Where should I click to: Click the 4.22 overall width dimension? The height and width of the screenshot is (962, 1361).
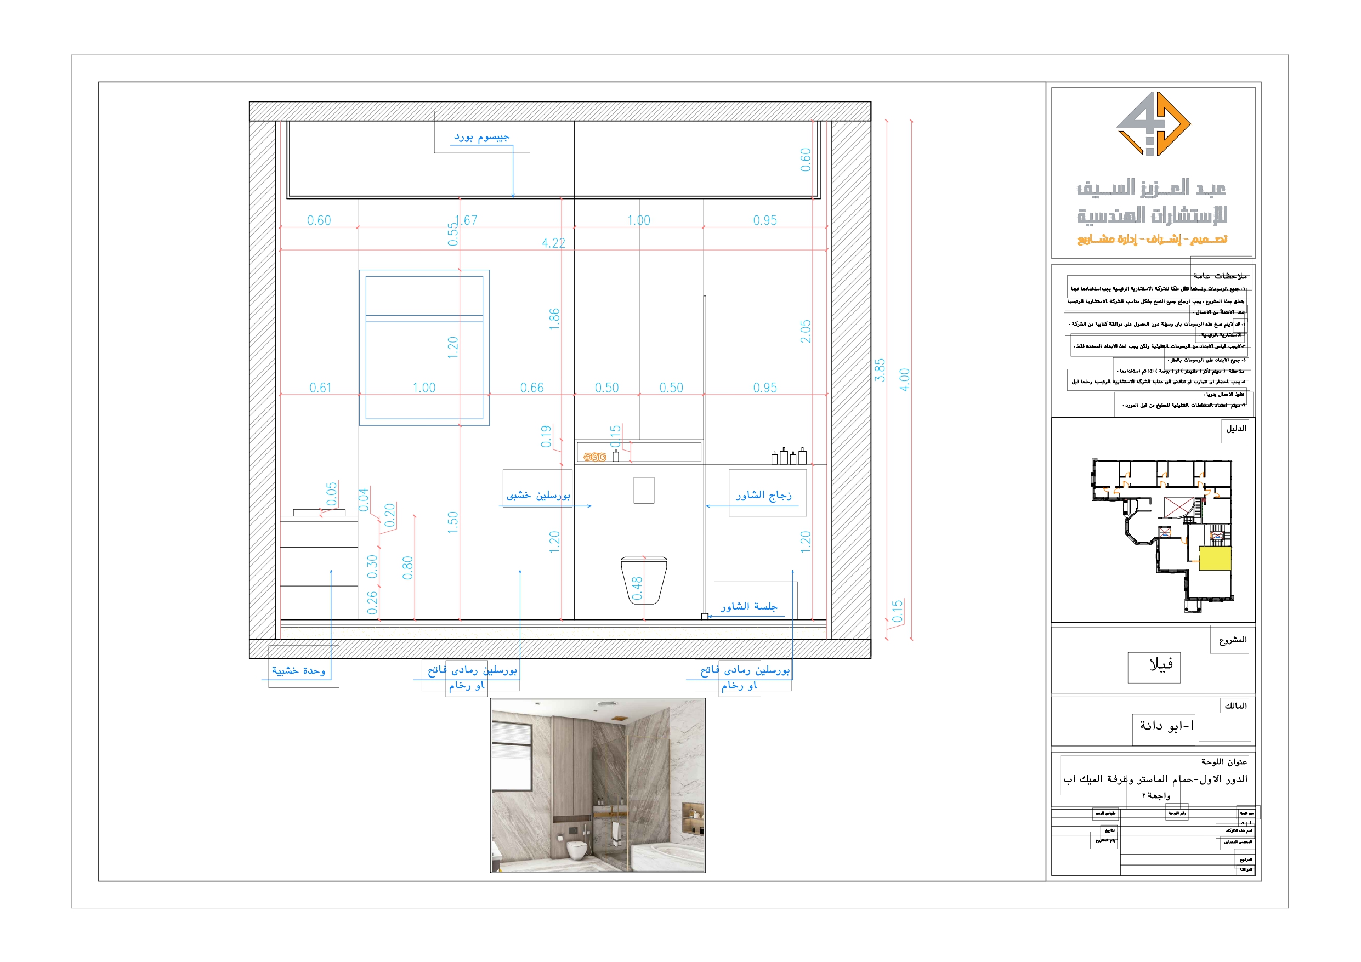553,243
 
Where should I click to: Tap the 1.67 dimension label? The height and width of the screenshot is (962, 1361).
467,220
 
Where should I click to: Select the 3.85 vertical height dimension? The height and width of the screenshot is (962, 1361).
880,370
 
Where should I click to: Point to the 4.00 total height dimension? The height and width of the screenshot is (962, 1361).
904,379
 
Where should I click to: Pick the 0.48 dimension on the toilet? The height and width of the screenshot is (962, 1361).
637,588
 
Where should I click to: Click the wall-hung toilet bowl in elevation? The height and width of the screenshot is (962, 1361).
644,578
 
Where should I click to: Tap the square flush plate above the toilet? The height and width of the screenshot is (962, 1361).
644,490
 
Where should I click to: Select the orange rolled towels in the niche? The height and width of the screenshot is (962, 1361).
594,457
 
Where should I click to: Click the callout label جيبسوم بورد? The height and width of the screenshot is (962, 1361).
481,138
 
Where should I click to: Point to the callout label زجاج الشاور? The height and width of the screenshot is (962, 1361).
763,495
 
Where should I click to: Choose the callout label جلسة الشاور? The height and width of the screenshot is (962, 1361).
748,606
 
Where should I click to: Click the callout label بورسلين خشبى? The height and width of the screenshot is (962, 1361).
538,495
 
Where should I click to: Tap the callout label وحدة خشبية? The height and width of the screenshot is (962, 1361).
298,671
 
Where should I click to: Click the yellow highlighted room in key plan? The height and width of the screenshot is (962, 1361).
1215,559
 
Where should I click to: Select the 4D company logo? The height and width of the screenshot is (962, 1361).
1153,124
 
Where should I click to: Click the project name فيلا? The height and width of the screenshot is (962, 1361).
1161,665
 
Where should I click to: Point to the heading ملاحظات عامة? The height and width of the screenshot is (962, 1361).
1220,276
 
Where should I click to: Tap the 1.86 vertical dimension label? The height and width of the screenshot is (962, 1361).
554,319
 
